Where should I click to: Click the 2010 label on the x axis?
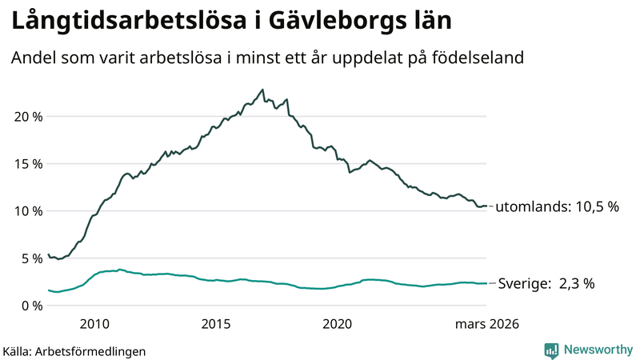coord(94,324)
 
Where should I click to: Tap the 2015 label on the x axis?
coord(216,324)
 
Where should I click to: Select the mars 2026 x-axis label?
coord(486,324)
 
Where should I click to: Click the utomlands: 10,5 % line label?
coord(558,206)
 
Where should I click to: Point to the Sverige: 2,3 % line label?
coord(546,283)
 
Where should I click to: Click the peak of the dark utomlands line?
coord(262,90)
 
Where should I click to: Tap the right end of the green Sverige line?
coord(486,283)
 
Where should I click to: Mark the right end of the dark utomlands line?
coord(486,206)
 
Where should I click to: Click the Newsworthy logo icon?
coord(551,350)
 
